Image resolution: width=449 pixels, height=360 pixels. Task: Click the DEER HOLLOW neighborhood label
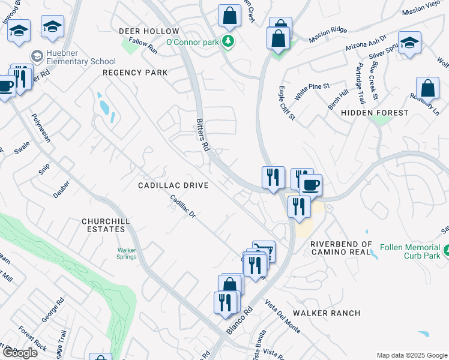[149, 31]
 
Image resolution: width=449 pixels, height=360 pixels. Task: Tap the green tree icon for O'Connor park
[228, 41]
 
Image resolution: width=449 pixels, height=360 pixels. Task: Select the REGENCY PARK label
[135, 73]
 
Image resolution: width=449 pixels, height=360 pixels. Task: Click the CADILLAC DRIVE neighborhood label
[173, 186]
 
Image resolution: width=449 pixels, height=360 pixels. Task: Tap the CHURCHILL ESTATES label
[106, 226]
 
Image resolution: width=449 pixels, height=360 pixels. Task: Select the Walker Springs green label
[127, 253]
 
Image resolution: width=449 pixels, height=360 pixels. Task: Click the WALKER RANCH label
[327, 313]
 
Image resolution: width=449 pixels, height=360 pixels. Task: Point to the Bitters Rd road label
[203, 134]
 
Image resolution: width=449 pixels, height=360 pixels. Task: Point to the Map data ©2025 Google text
[411, 355]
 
